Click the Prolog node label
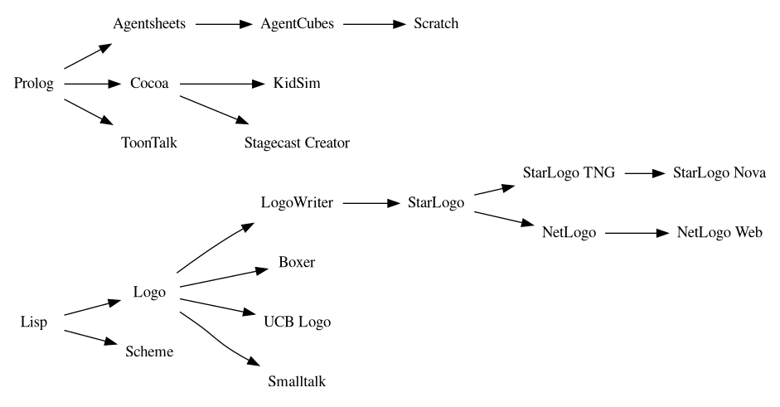pos(34,84)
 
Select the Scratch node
pos(436,24)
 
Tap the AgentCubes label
pos(297,24)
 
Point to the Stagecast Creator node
pos(297,143)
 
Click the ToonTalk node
pos(150,143)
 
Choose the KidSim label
pos(297,84)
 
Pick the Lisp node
pos(34,322)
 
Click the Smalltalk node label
pos(297,381)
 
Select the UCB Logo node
pos(297,322)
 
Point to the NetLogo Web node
pos(719,233)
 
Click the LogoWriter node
pos(297,203)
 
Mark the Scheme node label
pos(150,351)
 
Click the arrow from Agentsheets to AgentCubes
pos(224,24)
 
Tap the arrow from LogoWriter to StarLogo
pos(370,203)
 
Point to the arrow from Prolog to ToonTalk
pos(87,112)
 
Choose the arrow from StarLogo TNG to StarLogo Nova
pos(646,173)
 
